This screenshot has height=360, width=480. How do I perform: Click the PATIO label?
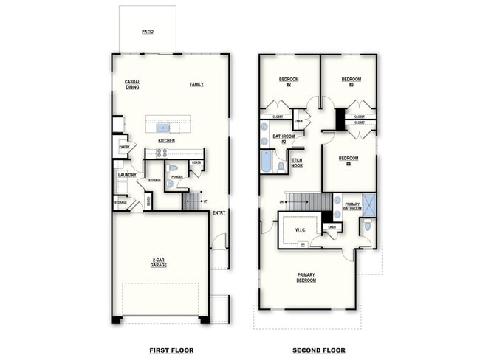(148, 32)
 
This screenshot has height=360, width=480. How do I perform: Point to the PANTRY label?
(123, 147)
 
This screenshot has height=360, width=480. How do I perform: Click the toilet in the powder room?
(174, 168)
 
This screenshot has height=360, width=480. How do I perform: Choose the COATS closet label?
(196, 162)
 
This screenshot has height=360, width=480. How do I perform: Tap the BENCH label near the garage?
(148, 201)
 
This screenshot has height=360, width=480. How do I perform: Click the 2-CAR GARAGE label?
(158, 262)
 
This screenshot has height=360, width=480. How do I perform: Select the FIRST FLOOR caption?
(171, 350)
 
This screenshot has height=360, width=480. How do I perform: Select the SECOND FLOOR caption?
(318, 350)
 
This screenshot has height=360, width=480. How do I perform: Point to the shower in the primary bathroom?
(368, 204)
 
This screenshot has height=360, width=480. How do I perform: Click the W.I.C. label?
(301, 229)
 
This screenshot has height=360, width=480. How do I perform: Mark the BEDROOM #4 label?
(349, 160)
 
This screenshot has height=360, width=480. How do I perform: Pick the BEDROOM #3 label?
(352, 81)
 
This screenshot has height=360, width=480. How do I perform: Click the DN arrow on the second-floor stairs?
(282, 201)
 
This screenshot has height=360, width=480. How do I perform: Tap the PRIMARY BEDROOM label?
(306, 277)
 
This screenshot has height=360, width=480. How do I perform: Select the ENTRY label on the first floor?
(219, 213)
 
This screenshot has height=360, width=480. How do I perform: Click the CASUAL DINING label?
(132, 84)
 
